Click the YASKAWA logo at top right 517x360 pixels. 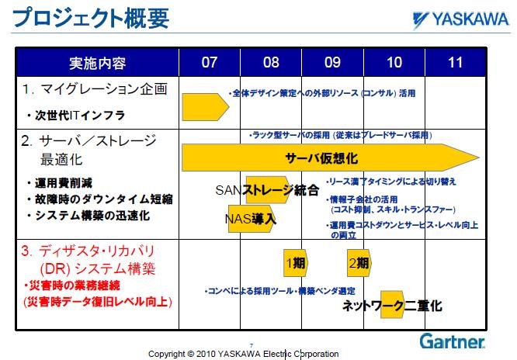pos(460,19)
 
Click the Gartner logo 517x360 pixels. pos(452,341)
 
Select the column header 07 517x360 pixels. pos(210,62)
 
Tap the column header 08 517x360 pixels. pos(271,62)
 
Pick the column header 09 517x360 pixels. pos(332,62)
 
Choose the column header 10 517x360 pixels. pos(394,62)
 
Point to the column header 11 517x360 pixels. pos(456,62)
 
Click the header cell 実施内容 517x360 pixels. pos(97,63)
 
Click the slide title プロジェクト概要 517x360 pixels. pos(91,18)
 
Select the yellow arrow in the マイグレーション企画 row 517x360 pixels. pos(206,107)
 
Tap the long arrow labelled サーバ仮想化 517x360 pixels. pos(331,157)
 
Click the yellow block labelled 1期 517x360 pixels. pos(296,263)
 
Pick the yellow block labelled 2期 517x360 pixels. pos(359,263)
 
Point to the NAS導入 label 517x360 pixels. pos(251,219)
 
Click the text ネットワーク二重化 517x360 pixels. pos(392,305)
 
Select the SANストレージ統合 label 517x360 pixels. pos(267,190)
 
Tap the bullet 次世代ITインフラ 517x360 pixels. pos(76,115)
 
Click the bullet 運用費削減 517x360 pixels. pos(60,183)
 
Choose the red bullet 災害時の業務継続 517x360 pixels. pos(72,286)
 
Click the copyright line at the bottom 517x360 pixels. pos(243,354)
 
